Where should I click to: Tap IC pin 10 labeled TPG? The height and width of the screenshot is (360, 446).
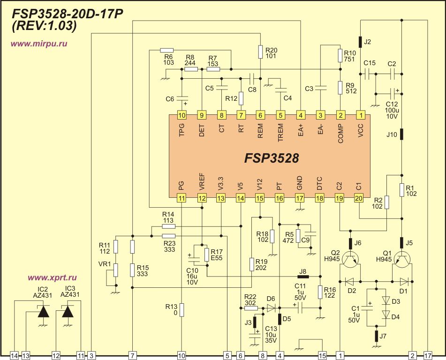coord(182,115)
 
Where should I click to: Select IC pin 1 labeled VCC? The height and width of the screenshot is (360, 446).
coord(360,115)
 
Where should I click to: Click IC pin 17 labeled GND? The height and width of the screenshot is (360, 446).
coord(300,198)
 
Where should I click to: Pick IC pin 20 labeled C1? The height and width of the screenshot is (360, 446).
coord(359,198)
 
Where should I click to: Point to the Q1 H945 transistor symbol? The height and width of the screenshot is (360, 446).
coord(402,259)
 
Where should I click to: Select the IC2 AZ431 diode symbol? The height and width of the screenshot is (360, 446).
coord(44,311)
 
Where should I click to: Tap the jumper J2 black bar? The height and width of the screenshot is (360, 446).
coord(360,42)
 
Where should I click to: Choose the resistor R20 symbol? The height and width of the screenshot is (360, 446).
coord(260,52)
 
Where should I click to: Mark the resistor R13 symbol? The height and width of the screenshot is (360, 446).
coord(182,310)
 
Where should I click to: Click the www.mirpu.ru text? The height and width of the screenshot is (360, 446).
coord(39,43)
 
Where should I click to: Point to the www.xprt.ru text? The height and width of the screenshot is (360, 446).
coord(52,277)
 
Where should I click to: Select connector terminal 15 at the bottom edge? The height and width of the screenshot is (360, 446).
coord(322,356)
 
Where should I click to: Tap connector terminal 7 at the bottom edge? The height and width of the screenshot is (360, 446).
coord(133,356)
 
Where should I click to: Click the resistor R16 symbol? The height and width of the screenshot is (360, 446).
coord(320,292)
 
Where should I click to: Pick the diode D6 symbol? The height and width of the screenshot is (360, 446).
coord(271,308)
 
